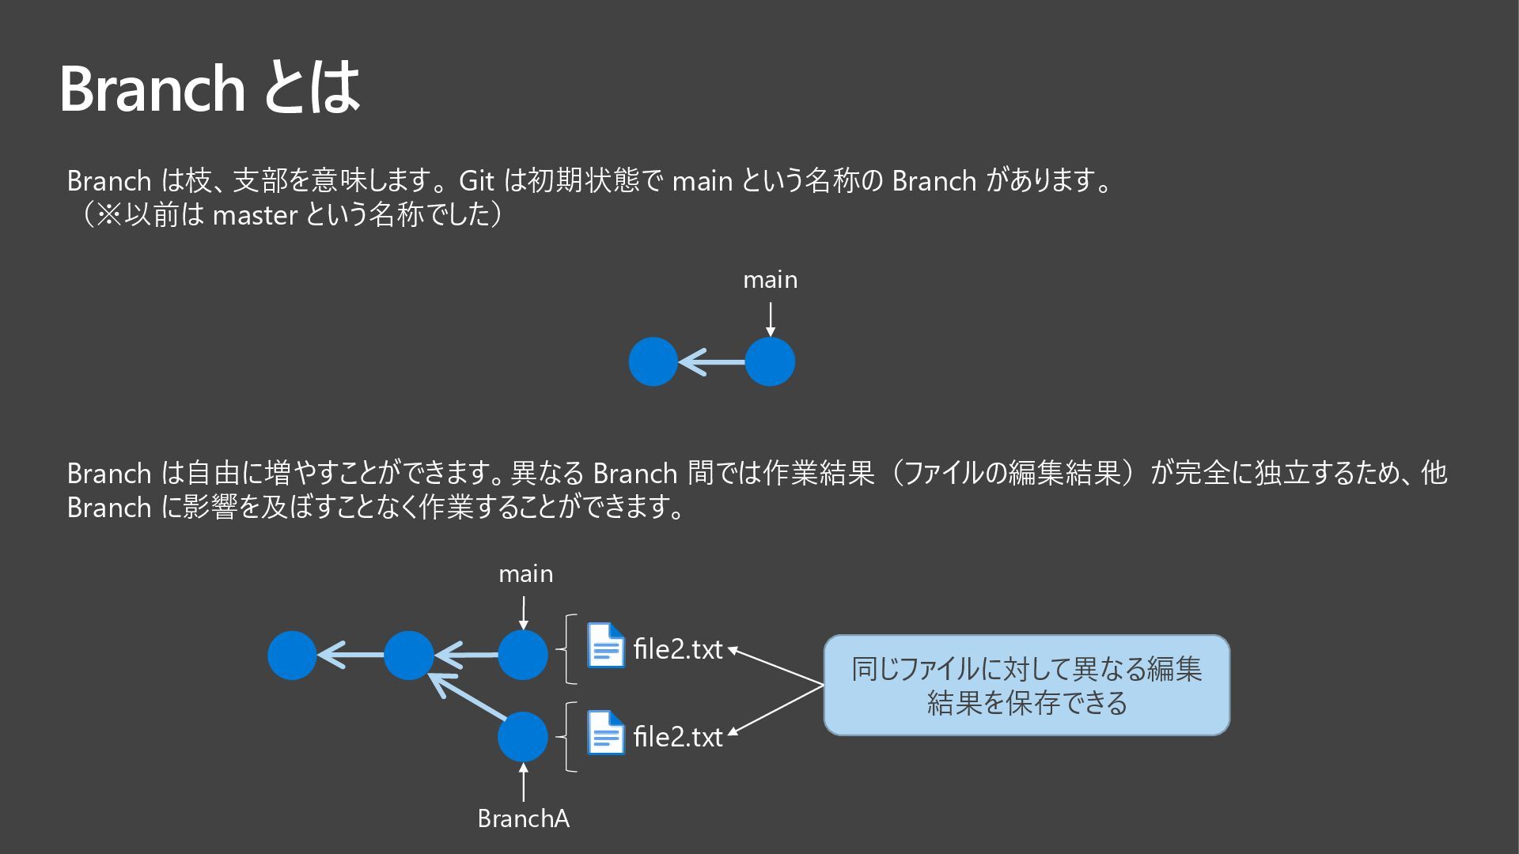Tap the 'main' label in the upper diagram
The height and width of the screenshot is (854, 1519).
click(x=770, y=280)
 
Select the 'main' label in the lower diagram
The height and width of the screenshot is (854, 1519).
click(x=525, y=574)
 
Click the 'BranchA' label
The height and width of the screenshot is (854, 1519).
click(x=523, y=818)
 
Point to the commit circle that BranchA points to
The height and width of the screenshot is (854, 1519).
click(x=522, y=736)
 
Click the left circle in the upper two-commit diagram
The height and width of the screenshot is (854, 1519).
click(x=653, y=362)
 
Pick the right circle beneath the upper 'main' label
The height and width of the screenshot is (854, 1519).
click(x=770, y=362)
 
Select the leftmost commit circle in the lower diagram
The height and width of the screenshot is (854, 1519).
click(x=292, y=655)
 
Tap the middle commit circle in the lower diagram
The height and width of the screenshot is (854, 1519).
click(x=408, y=655)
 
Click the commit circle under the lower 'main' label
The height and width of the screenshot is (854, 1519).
click(x=522, y=655)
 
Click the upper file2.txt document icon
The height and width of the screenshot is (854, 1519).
click(x=605, y=645)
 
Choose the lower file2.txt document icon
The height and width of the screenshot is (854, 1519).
click(x=605, y=733)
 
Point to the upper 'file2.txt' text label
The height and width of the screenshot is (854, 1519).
click(x=678, y=649)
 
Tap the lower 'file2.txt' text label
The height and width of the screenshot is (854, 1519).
click(x=678, y=737)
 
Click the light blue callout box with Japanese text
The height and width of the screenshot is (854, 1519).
click(x=1026, y=685)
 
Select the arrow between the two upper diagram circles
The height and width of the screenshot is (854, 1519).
click(x=711, y=362)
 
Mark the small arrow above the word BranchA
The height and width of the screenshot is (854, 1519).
click(x=523, y=783)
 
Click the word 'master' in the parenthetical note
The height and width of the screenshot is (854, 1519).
click(x=255, y=215)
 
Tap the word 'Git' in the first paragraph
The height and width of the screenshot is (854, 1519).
click(x=476, y=181)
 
